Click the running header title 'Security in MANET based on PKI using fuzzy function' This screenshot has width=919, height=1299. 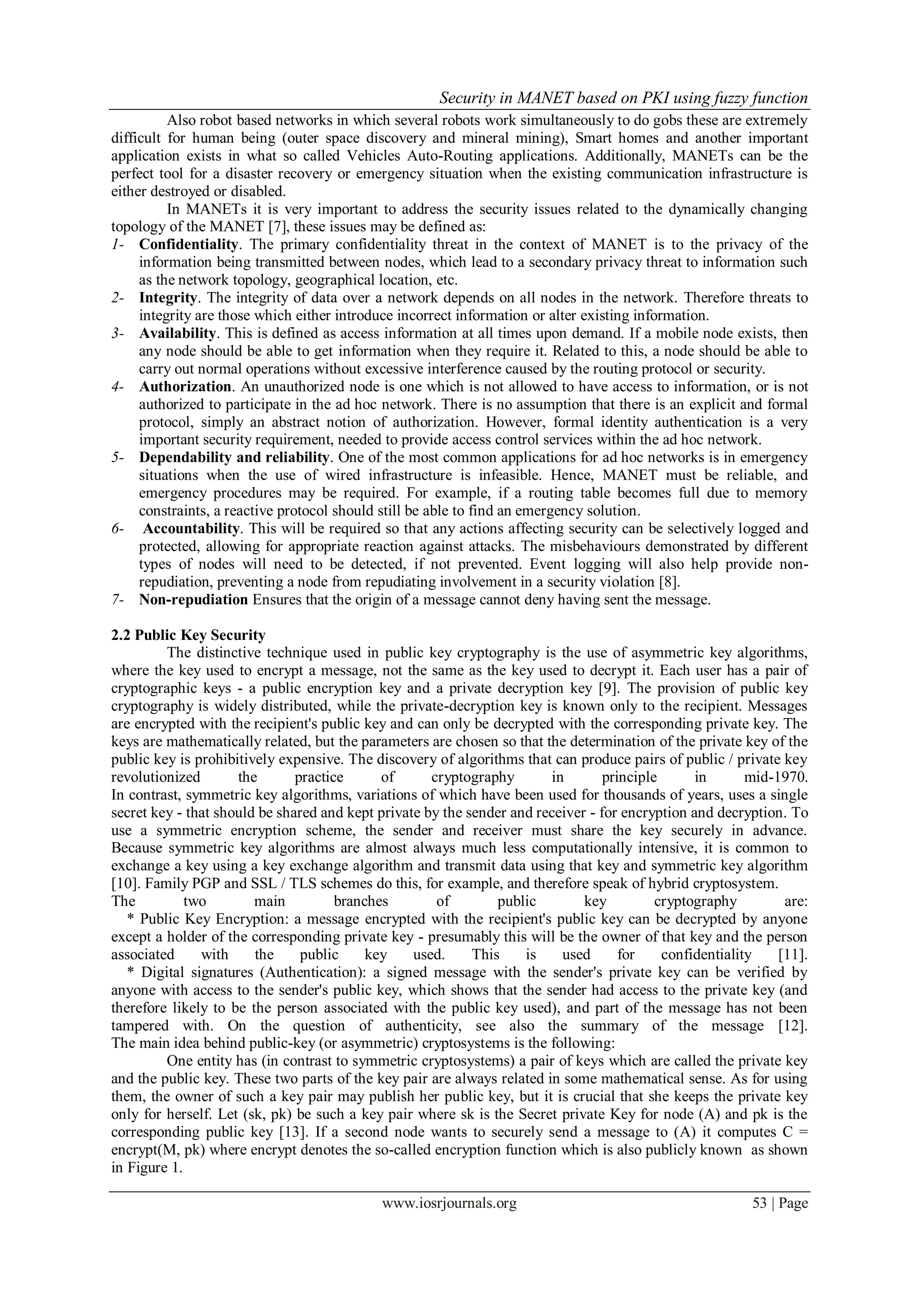point(623,98)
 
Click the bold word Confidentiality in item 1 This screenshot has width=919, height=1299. point(188,245)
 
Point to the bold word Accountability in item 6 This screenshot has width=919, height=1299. point(191,529)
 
